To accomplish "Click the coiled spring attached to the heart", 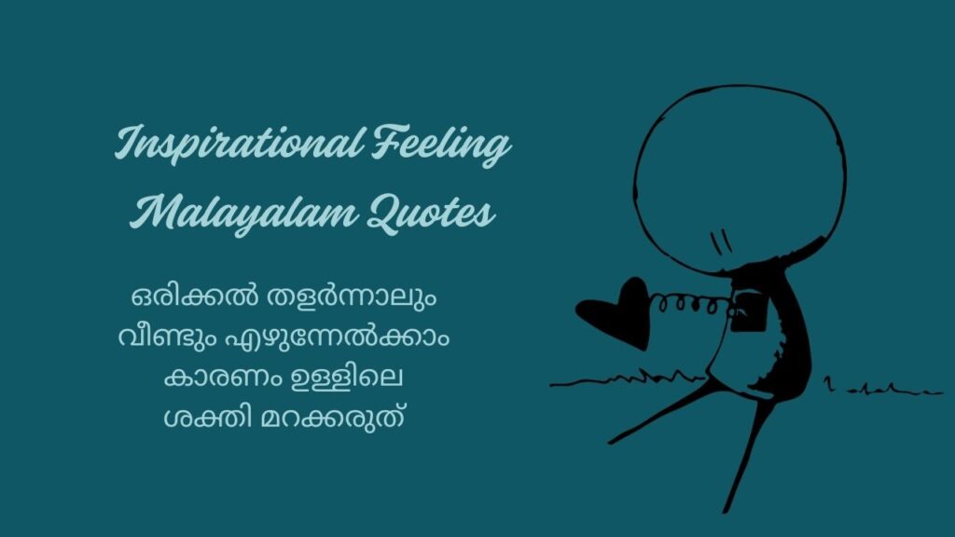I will pyautogui.click(x=686, y=304).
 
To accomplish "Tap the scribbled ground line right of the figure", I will pyautogui.click(x=881, y=386).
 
